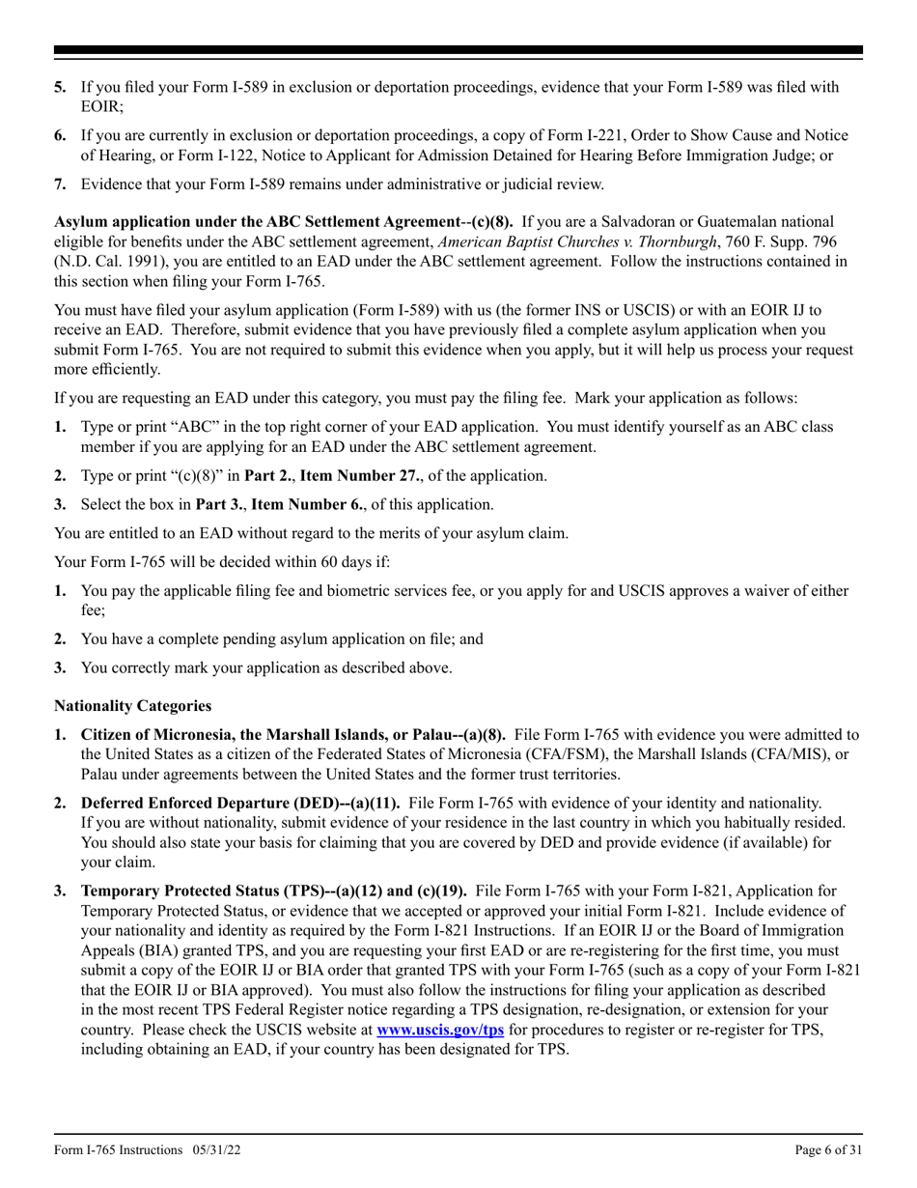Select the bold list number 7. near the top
(60, 184)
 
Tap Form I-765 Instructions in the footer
(118, 1149)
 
